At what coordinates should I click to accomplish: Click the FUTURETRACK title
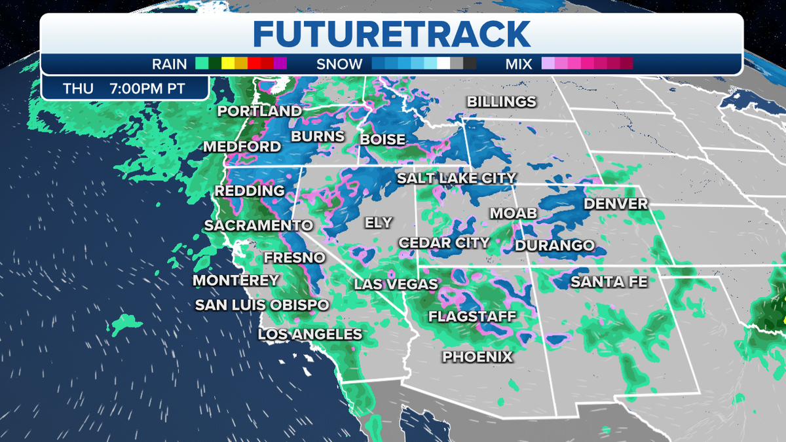392,33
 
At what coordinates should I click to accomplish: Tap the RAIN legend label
169,64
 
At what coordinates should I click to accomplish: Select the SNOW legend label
339,64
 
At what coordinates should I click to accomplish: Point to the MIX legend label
518,64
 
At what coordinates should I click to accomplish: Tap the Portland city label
259,111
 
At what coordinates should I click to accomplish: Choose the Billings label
501,102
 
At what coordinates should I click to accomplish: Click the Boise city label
383,139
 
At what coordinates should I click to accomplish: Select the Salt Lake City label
457,178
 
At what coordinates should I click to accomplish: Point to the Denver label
615,204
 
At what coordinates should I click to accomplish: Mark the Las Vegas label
396,284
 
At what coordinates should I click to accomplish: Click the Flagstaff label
472,317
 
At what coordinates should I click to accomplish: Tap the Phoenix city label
477,357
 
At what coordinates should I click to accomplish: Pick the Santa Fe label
608,282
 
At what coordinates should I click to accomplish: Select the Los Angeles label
310,334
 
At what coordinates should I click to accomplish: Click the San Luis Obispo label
262,305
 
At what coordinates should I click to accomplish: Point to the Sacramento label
258,225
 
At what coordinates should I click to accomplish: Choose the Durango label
554,246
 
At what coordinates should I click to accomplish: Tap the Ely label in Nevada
378,223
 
